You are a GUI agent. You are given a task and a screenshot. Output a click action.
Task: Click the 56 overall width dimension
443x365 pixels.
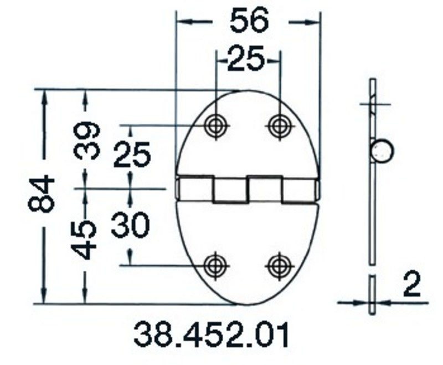pos(249,21)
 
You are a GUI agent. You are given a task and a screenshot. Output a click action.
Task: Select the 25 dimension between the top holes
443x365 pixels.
pos(246,58)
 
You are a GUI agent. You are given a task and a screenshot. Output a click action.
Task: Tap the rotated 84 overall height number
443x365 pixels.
pos(42,194)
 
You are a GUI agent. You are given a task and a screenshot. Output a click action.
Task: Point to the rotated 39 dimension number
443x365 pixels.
pos(87,140)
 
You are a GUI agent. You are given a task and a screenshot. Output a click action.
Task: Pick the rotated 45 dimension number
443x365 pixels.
pos(86,239)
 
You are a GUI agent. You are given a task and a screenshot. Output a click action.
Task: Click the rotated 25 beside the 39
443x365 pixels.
pos(132,154)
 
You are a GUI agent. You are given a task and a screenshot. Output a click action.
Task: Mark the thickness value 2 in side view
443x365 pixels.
pos(411,286)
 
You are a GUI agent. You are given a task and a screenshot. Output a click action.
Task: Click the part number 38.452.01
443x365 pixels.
pos(211,335)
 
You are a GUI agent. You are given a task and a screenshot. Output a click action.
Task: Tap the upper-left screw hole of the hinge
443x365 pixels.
pos(214,125)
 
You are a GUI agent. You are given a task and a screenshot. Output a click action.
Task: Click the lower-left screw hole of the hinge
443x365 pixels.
pos(214,265)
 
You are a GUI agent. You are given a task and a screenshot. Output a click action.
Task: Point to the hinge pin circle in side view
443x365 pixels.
pos(382,151)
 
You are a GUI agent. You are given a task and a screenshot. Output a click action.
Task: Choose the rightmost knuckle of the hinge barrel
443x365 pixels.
pos(300,189)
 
